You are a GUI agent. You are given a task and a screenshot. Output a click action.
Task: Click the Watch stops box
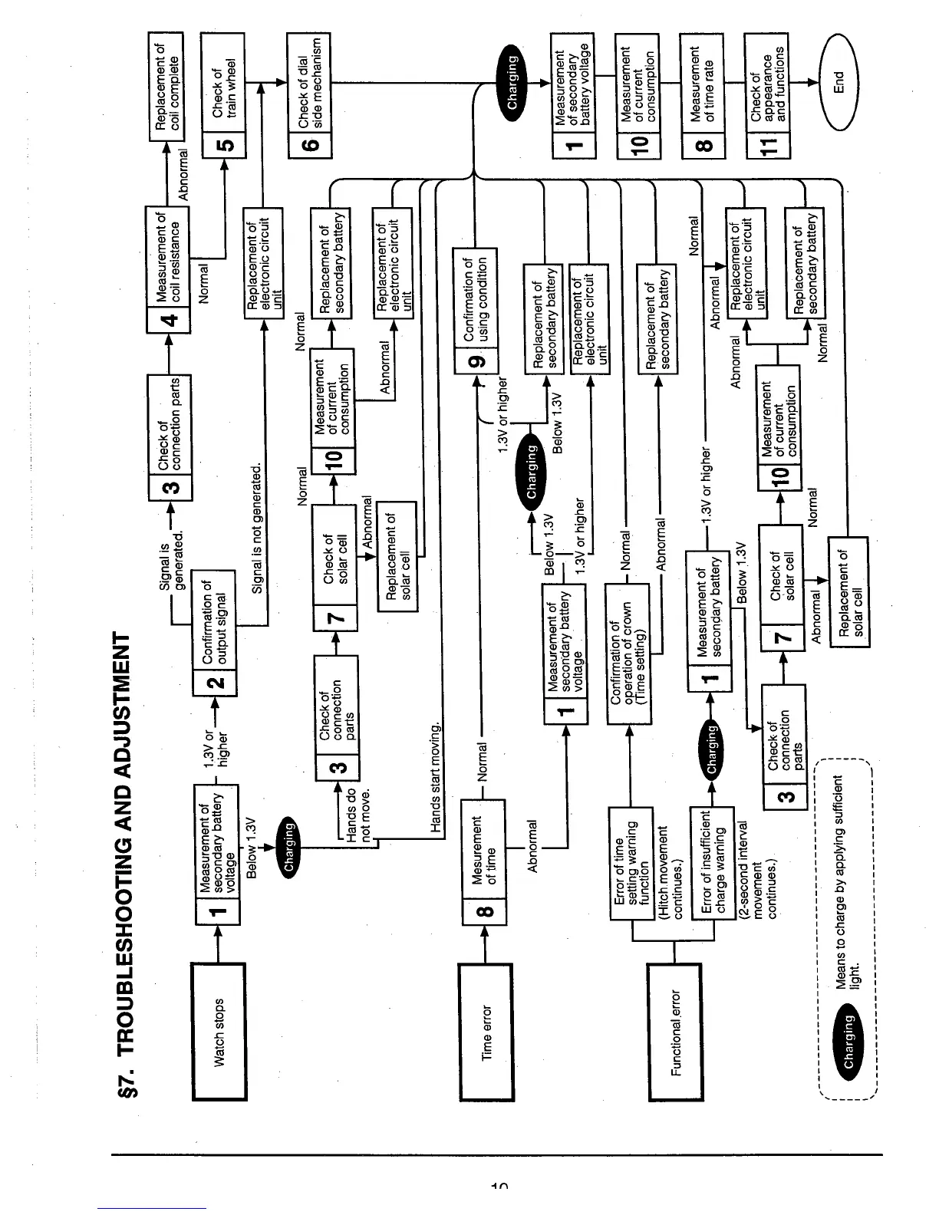coord(219,1032)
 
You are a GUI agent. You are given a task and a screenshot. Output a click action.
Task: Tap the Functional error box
coord(675,1032)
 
